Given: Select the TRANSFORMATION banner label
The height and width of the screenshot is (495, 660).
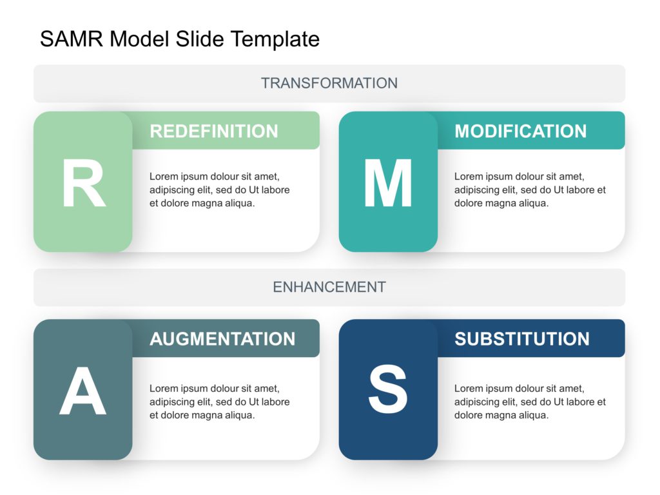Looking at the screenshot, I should point(329,83).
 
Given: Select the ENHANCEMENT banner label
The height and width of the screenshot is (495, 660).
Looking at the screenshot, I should point(329,287).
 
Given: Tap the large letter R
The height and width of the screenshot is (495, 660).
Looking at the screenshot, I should point(83,184).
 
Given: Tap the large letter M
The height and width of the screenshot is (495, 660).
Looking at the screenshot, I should point(388,184).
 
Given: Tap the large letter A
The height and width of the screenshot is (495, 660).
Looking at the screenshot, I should point(83,392).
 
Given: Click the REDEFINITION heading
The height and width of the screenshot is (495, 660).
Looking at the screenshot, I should point(214,131).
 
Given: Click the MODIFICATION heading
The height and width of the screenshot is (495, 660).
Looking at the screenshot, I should point(521,131).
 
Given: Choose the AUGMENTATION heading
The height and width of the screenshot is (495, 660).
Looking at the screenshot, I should point(222,339).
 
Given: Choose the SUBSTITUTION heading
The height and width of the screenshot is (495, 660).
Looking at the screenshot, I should point(522,339).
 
